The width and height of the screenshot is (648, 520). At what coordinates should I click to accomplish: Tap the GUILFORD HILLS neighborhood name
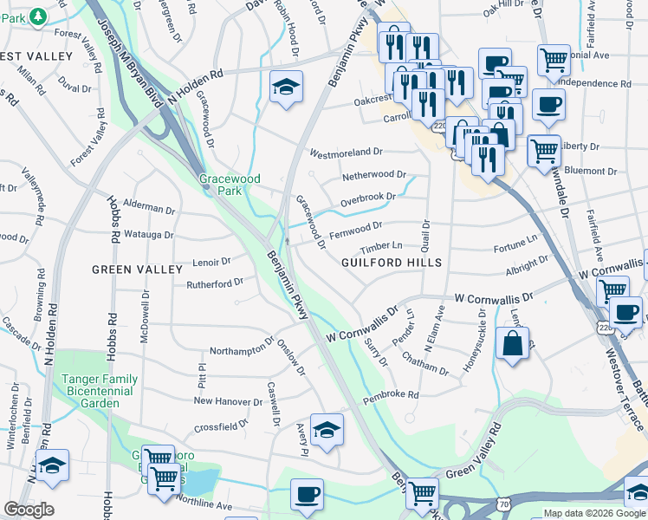coord(392,263)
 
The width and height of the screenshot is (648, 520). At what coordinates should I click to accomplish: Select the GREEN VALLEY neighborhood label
coord(126,270)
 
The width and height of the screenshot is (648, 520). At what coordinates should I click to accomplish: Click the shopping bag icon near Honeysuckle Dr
coord(512,342)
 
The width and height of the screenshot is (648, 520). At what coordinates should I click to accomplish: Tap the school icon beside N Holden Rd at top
coord(285,87)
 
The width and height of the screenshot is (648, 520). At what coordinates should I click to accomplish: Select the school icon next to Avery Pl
coord(327,430)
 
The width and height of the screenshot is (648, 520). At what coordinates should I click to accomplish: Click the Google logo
coord(29,510)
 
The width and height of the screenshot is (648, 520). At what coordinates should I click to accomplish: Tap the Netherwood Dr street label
coord(374,175)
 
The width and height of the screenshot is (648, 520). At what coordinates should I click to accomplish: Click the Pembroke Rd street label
coord(391,395)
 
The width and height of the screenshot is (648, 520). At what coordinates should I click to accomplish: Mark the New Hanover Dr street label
coord(228,401)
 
